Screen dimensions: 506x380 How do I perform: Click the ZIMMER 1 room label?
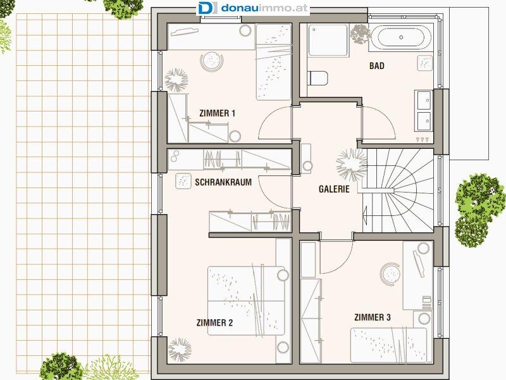217,113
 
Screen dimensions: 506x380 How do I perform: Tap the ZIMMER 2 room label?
214,322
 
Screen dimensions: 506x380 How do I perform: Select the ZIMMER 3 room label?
373,317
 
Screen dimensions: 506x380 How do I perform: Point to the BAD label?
376,66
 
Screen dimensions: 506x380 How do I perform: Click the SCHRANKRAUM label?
223,182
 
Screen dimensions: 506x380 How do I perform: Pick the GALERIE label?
334,189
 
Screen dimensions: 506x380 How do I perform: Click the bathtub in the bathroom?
400,37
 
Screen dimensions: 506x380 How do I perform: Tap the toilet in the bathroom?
318,78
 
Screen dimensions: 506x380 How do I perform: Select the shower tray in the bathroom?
328,40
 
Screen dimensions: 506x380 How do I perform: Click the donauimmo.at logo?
253,8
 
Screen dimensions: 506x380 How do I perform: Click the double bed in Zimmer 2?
246,300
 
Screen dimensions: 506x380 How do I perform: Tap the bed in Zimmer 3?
388,345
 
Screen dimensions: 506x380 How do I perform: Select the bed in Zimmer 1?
274,62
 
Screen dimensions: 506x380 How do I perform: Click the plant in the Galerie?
352,165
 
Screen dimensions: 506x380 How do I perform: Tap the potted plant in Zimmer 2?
180,350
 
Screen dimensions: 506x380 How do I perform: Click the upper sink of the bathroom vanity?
424,100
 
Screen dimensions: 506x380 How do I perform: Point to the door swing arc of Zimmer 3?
343,263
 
